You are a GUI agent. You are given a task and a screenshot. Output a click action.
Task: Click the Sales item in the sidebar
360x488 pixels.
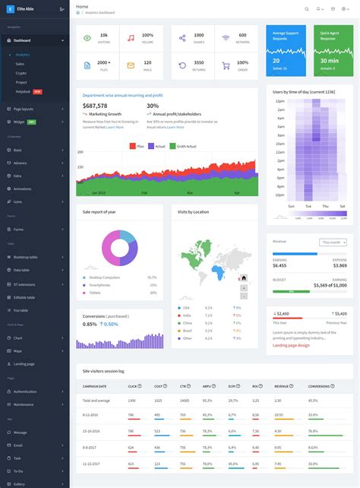point(20,64)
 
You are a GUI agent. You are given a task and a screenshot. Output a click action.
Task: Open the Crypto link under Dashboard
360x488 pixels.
point(21,73)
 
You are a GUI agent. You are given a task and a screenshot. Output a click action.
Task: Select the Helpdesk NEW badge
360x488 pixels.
point(37,91)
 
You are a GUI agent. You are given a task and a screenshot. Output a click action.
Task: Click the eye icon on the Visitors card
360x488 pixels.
point(87,37)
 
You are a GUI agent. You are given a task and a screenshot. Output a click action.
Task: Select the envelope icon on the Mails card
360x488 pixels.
point(131,65)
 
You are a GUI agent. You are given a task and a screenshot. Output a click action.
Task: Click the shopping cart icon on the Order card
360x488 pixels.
point(226,65)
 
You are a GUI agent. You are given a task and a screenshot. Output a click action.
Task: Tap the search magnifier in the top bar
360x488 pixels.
point(307,9)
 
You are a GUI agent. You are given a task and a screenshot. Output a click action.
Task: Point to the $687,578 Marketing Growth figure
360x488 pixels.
point(95,106)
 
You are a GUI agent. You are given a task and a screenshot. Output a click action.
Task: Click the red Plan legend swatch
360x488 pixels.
point(133,145)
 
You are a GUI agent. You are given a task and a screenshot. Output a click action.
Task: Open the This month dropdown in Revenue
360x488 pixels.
point(333,242)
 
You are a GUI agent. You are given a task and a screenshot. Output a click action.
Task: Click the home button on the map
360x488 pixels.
point(243,277)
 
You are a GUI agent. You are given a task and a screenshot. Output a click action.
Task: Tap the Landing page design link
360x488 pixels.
point(291,345)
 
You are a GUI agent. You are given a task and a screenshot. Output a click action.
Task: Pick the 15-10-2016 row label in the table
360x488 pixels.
point(93,431)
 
